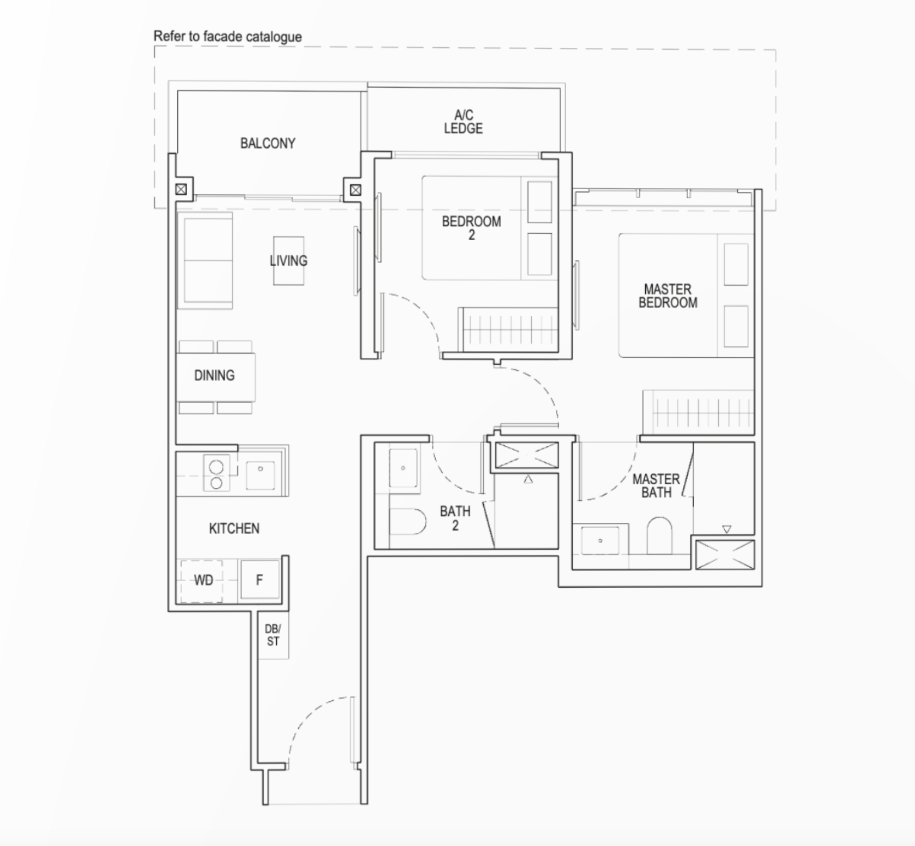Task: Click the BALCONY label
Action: (268, 143)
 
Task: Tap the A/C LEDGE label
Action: (463, 122)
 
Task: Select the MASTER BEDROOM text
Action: (667, 296)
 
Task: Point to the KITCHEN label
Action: (234, 529)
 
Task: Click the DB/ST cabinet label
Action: (273, 635)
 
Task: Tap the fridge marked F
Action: (259, 580)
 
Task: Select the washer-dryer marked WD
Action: (203, 580)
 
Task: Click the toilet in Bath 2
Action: (408, 521)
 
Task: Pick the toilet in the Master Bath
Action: (659, 536)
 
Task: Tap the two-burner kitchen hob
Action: (216, 473)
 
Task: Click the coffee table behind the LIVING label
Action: (289, 260)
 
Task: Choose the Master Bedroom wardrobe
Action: (698, 412)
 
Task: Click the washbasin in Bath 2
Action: (404, 467)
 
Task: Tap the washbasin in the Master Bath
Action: (600, 541)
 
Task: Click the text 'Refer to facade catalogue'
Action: (227, 37)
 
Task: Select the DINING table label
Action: (214, 376)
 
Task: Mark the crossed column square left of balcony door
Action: (181, 189)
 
